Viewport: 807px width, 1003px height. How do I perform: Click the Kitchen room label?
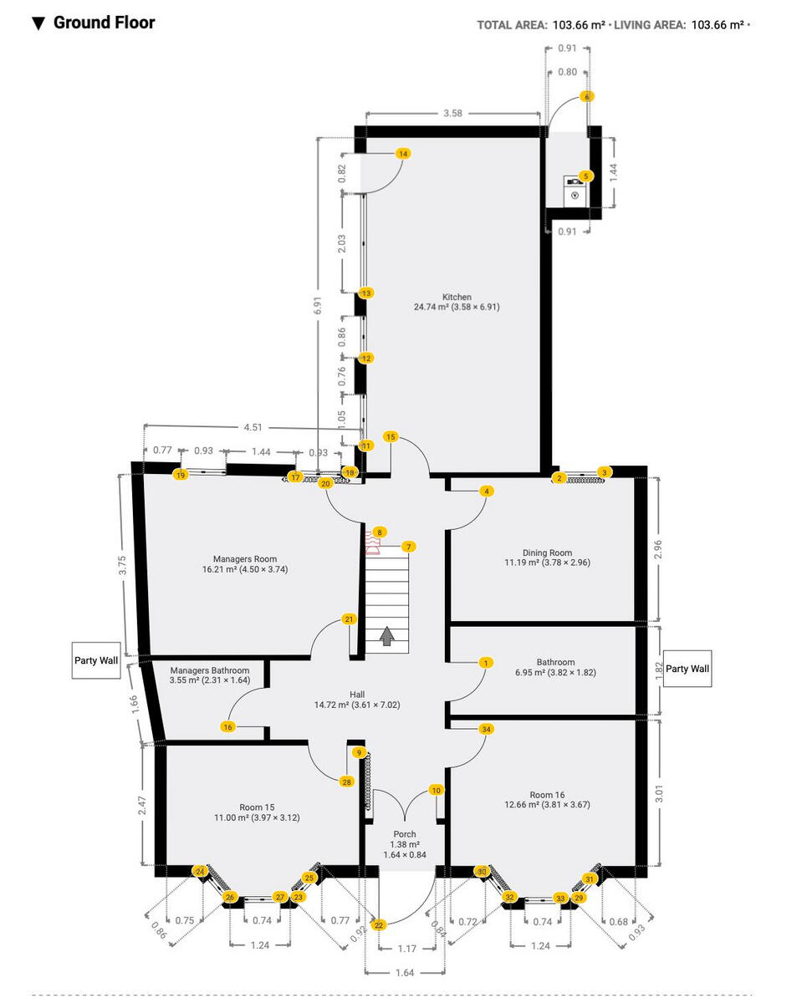coord(457,297)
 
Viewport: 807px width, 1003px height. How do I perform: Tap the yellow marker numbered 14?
coord(403,154)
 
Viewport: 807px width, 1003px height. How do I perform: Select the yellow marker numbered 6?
coord(588,96)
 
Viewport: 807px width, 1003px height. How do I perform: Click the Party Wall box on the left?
coord(97,660)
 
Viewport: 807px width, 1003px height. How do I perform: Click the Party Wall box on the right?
coord(687,669)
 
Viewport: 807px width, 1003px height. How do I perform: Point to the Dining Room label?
coord(547,552)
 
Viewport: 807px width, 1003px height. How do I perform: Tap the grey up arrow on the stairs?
coord(386,637)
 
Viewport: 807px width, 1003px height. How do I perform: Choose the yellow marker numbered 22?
coord(379,925)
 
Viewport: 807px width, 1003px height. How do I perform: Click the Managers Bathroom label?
coord(209,670)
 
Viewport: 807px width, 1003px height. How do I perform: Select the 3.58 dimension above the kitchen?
coord(452,113)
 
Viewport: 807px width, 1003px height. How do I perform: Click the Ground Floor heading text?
coord(104,23)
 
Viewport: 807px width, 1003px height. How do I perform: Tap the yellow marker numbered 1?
coord(485,663)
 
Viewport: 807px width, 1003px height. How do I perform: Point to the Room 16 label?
coord(547,795)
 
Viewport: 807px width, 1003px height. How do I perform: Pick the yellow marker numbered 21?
coord(350,619)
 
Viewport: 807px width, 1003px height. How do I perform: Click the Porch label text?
coord(406,834)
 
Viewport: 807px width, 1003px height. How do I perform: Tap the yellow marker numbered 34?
coord(487,729)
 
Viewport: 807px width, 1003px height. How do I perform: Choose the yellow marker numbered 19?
coord(180,475)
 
